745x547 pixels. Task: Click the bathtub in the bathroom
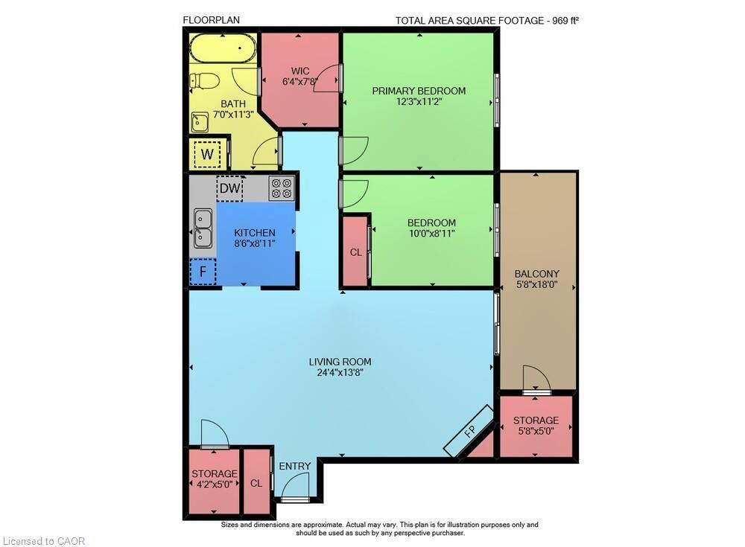[x=222, y=50]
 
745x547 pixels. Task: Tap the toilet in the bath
[x=204, y=80]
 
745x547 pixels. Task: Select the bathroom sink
[x=200, y=121]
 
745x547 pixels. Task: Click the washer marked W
[x=208, y=155]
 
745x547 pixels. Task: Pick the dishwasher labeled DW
[x=229, y=188]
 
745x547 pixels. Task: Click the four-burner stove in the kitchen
[x=281, y=188]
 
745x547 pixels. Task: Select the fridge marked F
[x=203, y=272]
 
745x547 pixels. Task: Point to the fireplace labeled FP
[x=469, y=432]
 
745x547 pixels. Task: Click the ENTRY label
[x=294, y=466]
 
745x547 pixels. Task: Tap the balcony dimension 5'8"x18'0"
[x=537, y=284]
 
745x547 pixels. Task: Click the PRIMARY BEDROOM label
[x=419, y=91]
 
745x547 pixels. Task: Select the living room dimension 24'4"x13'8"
[x=340, y=373]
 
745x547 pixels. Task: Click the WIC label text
[x=300, y=71]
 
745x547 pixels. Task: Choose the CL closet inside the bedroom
[x=355, y=252]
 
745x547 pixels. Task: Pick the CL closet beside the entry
[x=256, y=483]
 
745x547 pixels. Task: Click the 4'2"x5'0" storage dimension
[x=214, y=484]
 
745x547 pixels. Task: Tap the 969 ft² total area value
[x=564, y=20]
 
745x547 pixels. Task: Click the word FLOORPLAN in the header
[x=211, y=20]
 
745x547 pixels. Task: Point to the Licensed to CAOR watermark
[x=45, y=541]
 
